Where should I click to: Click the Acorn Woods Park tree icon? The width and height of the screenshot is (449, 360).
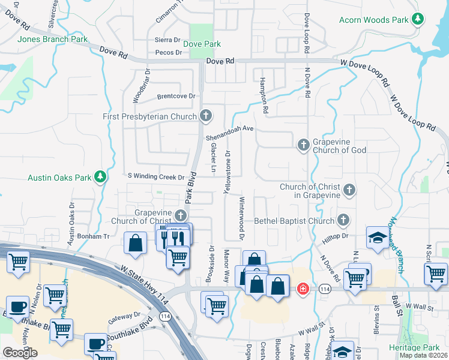click(x=417, y=20)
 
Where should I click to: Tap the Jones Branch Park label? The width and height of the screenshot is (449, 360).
click(x=53, y=40)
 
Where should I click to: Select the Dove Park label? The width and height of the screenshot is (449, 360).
click(x=202, y=44)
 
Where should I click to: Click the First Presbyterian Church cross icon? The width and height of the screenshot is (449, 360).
click(x=206, y=116)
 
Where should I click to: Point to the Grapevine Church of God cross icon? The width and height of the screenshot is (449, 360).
click(x=304, y=145)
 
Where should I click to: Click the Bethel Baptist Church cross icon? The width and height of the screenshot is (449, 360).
click(x=343, y=220)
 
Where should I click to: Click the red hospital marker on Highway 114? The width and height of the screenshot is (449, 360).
click(x=304, y=289)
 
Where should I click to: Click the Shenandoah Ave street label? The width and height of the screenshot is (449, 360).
click(x=231, y=133)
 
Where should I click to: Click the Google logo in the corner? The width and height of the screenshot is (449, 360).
click(x=20, y=353)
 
